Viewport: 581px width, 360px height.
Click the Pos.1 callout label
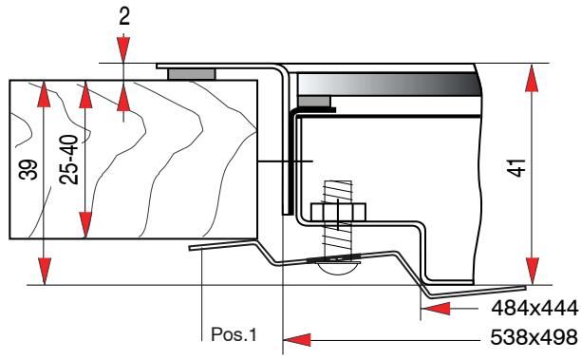click(x=234, y=334)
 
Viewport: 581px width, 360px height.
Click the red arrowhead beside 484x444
click(x=435, y=310)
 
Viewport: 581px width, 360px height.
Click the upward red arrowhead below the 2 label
click(x=124, y=96)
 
